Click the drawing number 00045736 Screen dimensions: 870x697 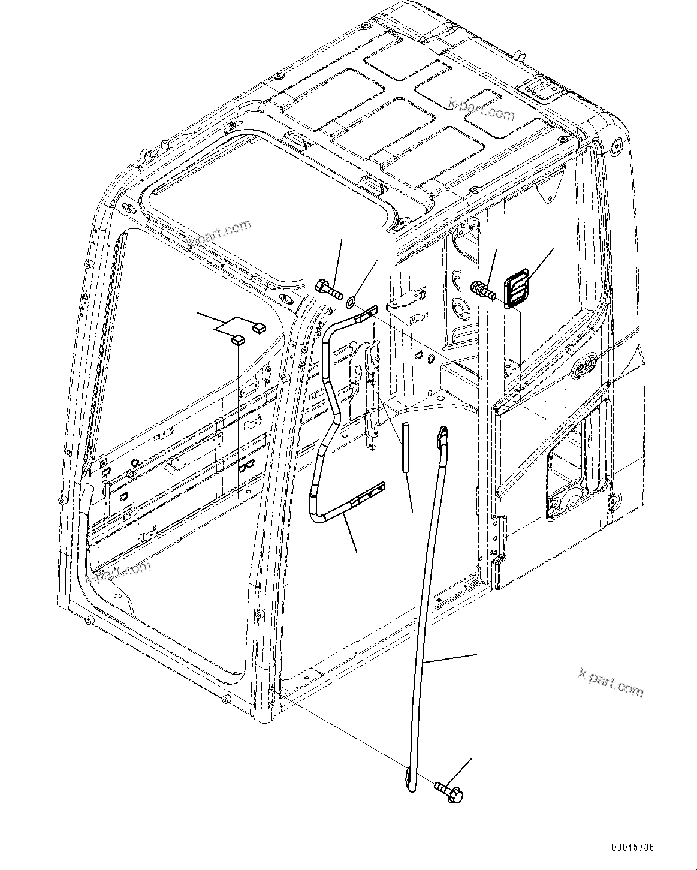[x=632, y=848]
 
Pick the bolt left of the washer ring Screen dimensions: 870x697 [x=327, y=290]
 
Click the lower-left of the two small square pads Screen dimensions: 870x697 [x=238, y=340]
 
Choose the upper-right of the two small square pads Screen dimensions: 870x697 [x=259, y=327]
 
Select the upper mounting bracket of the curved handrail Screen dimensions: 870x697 [x=364, y=312]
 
